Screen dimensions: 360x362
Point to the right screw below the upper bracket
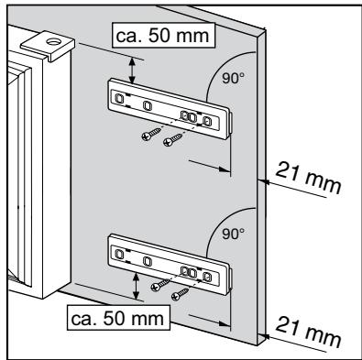tap(170, 142)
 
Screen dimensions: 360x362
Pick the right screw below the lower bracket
tap(181, 292)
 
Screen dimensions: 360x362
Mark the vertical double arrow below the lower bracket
tap(137, 287)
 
